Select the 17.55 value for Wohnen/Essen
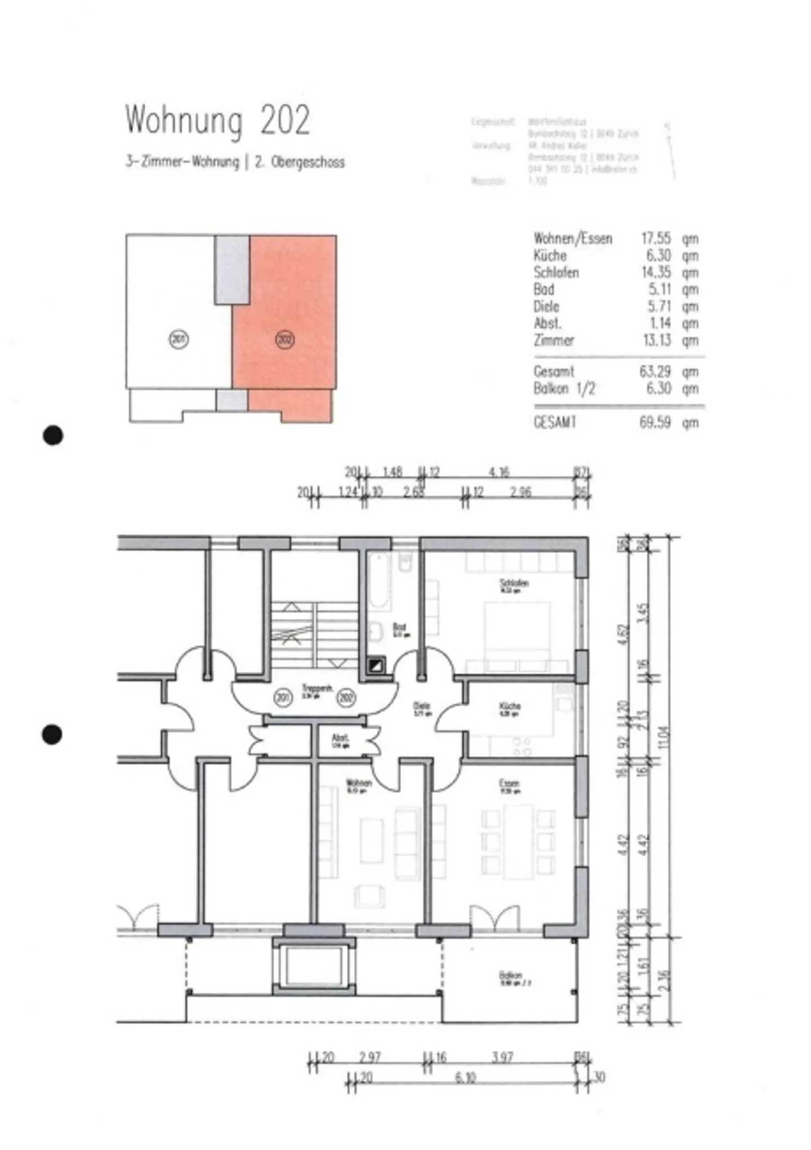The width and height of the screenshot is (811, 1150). click(656, 238)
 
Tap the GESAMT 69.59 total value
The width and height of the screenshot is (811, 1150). click(655, 423)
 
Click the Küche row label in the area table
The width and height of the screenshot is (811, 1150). click(550, 255)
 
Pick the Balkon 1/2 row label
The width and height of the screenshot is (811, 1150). click(564, 389)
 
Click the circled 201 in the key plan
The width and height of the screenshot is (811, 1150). click(179, 339)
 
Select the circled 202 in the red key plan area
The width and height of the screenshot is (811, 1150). click(285, 340)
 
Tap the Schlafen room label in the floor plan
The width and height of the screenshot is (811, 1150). click(514, 584)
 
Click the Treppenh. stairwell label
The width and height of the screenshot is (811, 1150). click(317, 689)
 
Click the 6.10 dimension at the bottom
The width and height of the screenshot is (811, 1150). click(465, 1078)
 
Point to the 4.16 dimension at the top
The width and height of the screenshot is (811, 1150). click(499, 472)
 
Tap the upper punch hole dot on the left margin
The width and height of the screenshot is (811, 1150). click(53, 435)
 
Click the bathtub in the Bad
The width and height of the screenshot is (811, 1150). click(378, 580)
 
